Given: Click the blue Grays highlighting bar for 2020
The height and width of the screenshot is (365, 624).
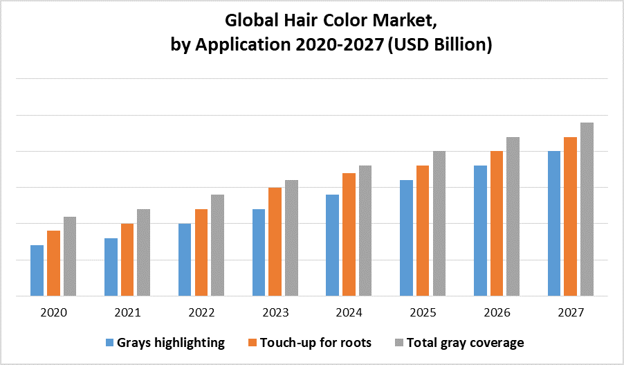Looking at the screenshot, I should pyautogui.click(x=37, y=270).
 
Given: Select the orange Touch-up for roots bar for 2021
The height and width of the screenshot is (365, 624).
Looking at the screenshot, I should pyautogui.click(x=127, y=259).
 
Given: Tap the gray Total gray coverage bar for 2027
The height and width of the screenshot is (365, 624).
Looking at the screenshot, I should pyautogui.click(x=587, y=208).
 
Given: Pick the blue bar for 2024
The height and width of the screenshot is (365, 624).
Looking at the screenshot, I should pyautogui.click(x=332, y=244).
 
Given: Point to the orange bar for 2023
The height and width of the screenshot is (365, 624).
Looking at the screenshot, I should pyautogui.click(x=275, y=241).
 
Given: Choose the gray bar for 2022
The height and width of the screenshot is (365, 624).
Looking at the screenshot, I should pyautogui.click(x=217, y=244).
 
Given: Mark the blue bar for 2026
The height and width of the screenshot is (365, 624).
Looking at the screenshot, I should pyautogui.click(x=480, y=230).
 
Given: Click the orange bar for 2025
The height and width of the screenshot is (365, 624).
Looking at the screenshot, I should pyautogui.click(x=423, y=230).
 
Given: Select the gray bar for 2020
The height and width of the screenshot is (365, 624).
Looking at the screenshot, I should pyautogui.click(x=70, y=256).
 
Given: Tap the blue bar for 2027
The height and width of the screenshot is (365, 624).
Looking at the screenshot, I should pyautogui.click(x=554, y=223).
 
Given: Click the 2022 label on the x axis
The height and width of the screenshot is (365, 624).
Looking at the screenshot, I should pyautogui.click(x=201, y=313).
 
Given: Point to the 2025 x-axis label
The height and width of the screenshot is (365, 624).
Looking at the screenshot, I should pyautogui.click(x=423, y=313).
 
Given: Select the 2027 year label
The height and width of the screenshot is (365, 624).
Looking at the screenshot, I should pyautogui.click(x=570, y=313).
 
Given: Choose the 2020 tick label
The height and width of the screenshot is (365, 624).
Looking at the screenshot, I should pyautogui.click(x=53, y=313).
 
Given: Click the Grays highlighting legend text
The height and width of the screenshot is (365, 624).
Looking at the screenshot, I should pyautogui.click(x=171, y=342).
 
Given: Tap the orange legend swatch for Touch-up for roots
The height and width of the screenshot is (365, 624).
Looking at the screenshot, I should pyautogui.click(x=253, y=342).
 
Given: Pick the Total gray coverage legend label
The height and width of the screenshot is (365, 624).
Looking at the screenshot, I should pyautogui.click(x=465, y=342).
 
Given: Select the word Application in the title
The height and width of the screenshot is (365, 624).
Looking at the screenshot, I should pyautogui.click(x=234, y=46).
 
